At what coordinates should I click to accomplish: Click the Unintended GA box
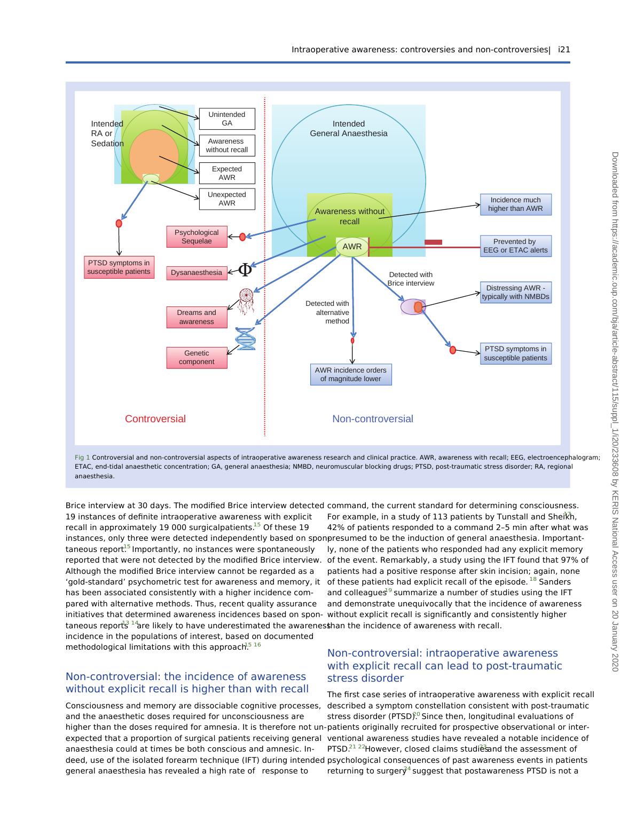227,119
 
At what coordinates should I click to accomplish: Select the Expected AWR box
227,173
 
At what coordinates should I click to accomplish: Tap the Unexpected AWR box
227,199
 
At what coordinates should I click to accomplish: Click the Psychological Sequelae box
197,237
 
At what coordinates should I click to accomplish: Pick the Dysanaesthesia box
197,273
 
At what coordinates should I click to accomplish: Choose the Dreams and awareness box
197,317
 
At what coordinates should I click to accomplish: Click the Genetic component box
197,358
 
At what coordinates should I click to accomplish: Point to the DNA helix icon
246,338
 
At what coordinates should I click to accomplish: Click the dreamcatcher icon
246,301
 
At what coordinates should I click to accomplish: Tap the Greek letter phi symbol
245,270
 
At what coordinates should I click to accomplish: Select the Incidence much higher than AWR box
515,204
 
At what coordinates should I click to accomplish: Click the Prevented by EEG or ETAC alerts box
515,246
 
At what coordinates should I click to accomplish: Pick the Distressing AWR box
515,293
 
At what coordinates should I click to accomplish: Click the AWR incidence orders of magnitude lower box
351,375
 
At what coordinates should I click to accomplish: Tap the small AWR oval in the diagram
352,247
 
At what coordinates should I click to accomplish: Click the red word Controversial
155,419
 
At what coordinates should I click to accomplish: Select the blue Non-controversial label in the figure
373,419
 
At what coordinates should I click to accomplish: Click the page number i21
564,50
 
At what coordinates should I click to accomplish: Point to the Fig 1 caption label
82,457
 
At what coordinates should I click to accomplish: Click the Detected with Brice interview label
411,279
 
